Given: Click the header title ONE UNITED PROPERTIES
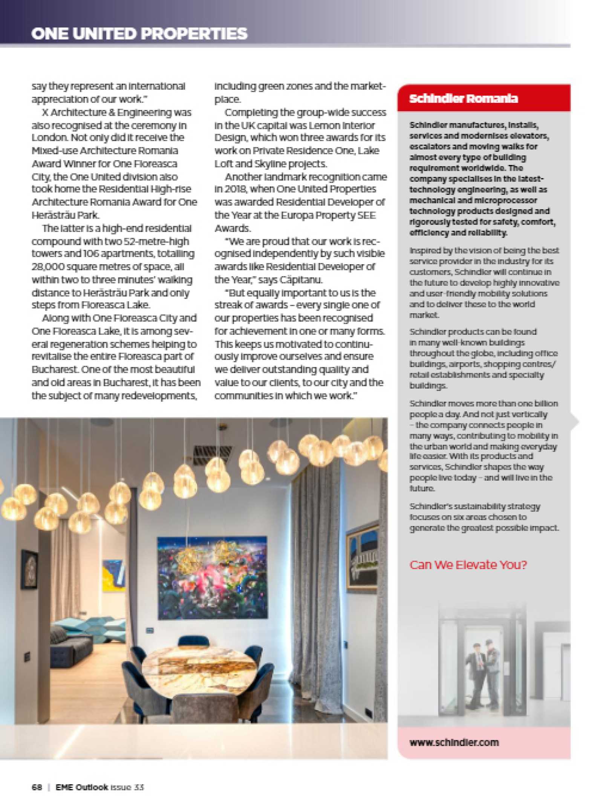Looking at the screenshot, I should pos(139,34).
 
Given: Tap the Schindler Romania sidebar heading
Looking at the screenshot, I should pos(463,99).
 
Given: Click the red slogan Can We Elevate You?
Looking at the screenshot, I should pos(468,565).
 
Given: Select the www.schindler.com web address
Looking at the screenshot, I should pos(454,742).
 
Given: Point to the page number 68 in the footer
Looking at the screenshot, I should pos(37,787).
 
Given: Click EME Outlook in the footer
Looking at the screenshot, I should pos(82,787).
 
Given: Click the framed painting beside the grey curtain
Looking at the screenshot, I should pos(362,560).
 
